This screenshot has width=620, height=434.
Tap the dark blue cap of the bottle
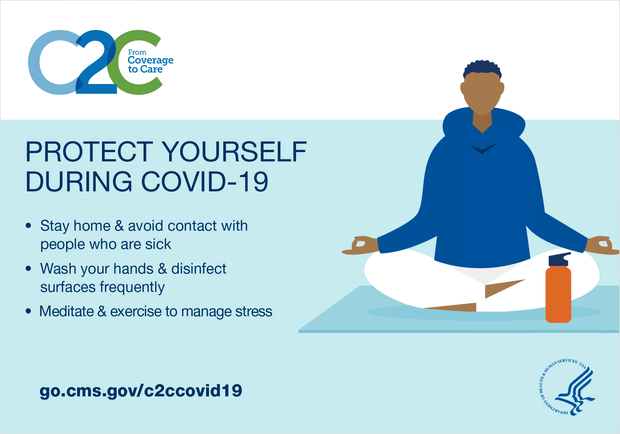[559, 259]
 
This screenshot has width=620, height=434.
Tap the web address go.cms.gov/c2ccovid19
[141, 391]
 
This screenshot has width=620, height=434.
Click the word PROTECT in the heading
[89, 152]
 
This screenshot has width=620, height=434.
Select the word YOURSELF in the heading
[235, 152]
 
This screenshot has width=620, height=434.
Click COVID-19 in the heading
[205, 182]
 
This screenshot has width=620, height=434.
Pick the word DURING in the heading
[79, 182]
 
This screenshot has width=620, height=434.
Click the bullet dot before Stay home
[28, 226]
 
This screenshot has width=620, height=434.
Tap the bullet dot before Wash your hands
[28, 268]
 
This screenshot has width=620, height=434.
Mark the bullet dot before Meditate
[28, 311]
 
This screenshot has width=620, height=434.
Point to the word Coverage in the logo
[151, 61]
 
